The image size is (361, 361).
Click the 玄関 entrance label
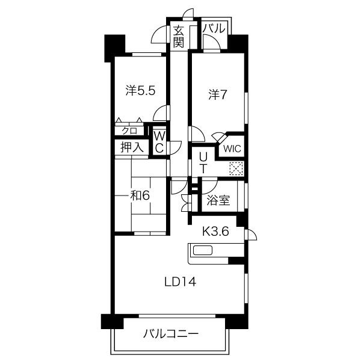tap(179, 37)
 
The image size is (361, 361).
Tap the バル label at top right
tap(214, 28)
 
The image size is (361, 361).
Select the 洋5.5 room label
tap(140, 90)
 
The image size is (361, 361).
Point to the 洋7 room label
tap(218, 94)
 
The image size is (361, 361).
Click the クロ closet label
tap(129, 131)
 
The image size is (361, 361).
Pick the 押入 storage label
tap(132, 147)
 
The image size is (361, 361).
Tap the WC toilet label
tap(159, 142)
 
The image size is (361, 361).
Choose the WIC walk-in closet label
tap(232, 149)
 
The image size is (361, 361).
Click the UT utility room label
tap(203, 163)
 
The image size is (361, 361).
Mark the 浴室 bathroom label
tap(218, 200)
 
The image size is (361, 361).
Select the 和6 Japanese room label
tap(140, 196)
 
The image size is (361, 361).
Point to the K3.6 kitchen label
tap(215, 231)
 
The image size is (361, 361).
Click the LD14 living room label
tap(180, 282)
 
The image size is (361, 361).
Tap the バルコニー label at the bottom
tap(171, 333)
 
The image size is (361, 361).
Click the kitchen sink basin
tap(203, 250)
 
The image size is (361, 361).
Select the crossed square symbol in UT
tap(236, 168)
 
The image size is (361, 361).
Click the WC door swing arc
tap(177, 148)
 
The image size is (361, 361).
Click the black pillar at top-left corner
tap(115, 48)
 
